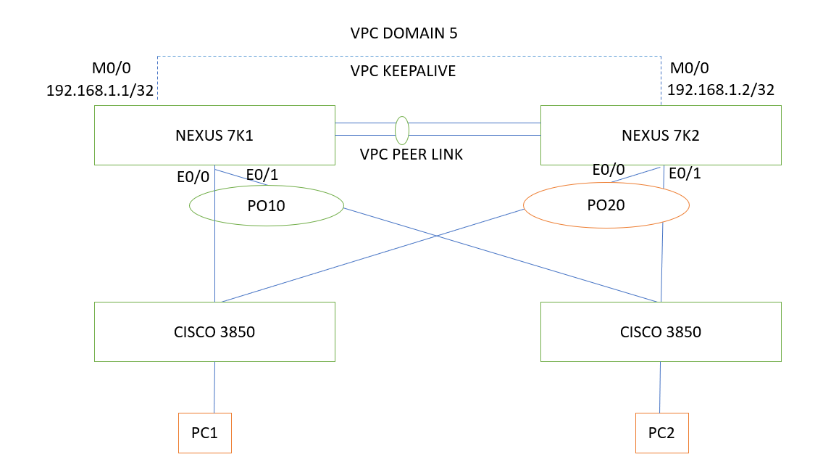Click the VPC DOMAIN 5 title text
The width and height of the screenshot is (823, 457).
point(404,33)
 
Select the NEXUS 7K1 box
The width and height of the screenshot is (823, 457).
point(214,135)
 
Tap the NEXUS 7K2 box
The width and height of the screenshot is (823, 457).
point(661,135)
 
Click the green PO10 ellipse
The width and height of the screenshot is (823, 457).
point(266,205)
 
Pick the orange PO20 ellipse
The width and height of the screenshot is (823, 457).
point(606,205)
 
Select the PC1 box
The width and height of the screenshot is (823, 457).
point(205,433)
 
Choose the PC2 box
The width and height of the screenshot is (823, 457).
point(661,433)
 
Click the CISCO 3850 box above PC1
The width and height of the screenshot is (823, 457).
point(214,332)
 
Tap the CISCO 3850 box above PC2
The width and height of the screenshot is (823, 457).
point(661,332)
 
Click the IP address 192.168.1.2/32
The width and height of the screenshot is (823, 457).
point(721,90)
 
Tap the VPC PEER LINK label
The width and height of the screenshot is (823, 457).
point(411,155)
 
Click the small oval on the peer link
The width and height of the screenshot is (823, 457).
point(401,130)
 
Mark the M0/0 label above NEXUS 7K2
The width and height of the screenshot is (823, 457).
point(690,68)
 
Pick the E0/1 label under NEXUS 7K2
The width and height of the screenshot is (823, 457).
point(685,174)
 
